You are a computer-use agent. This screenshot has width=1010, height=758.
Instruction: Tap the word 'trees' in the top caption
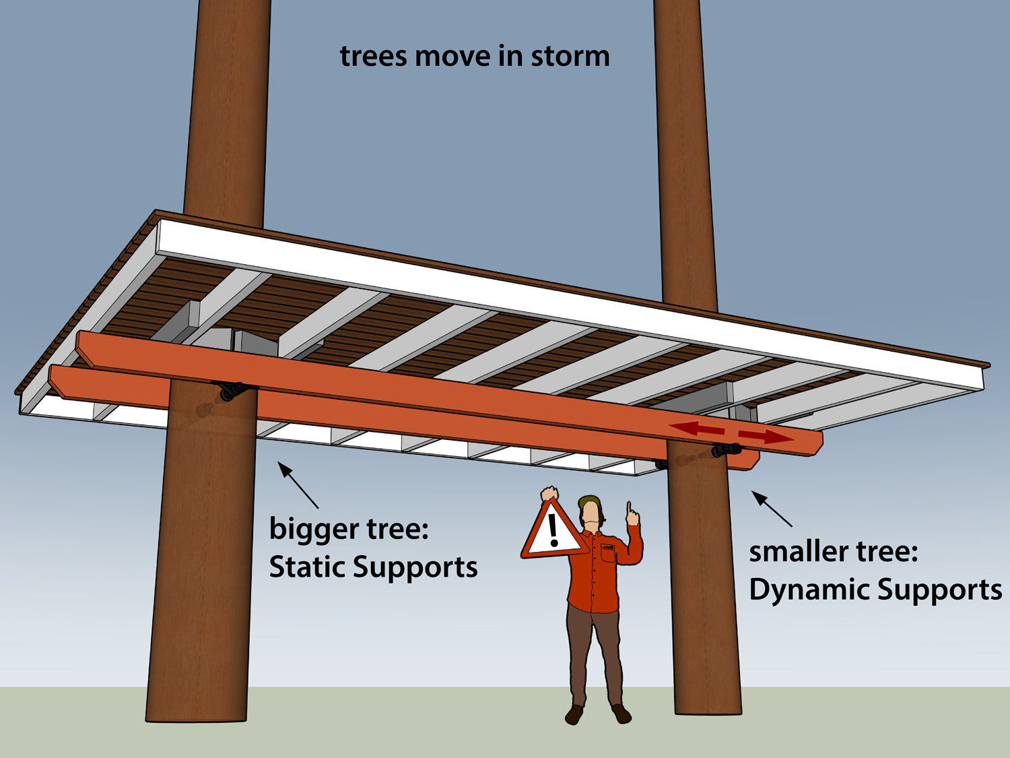[x=373, y=57]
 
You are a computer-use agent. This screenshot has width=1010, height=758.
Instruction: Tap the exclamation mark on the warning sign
[x=553, y=530]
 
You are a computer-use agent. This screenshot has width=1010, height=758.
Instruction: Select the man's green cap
[x=589, y=501]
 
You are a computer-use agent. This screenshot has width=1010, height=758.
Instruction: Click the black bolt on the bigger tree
[x=232, y=390]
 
